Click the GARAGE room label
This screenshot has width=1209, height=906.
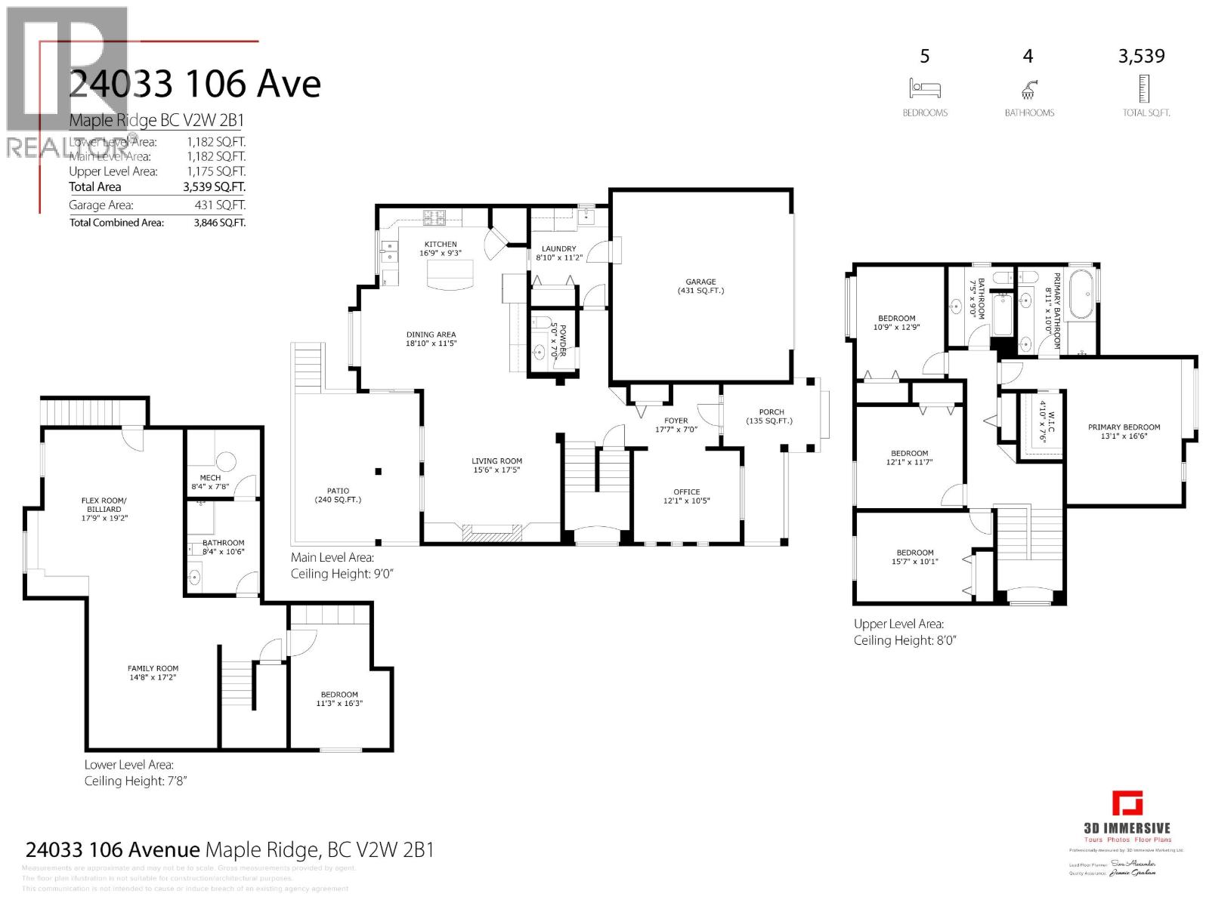(700, 282)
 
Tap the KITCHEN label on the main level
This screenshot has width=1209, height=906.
(441, 244)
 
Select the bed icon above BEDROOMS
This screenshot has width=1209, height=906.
(925, 89)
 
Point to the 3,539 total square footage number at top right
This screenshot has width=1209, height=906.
(1141, 57)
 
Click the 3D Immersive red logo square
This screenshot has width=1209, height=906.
(1127, 803)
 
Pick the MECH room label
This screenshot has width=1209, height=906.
(210, 478)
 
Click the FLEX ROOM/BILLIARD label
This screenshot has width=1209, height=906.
(104, 504)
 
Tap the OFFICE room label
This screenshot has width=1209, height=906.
(686, 492)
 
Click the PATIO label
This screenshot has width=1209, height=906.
(338, 491)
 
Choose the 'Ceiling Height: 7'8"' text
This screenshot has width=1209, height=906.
(135, 781)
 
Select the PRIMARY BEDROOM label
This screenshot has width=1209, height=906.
(1124, 427)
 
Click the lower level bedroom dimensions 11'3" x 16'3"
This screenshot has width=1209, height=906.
(339, 704)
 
